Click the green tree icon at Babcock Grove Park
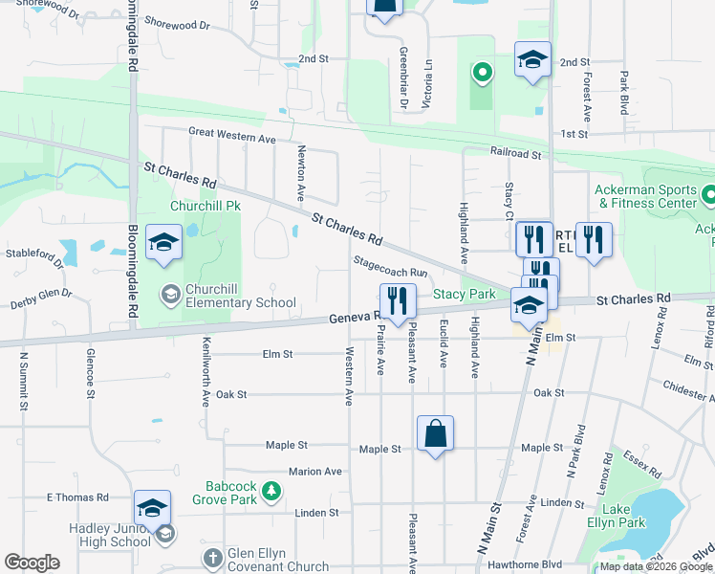pyautogui.click(x=272, y=491)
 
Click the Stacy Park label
pyautogui.click(x=465, y=294)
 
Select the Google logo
pyautogui.click(x=32, y=563)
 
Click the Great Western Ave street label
pyautogui.click(x=231, y=138)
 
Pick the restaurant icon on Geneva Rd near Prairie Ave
pyautogui.click(x=398, y=301)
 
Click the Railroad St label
pyautogui.click(x=516, y=153)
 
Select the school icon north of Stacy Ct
pyautogui.click(x=532, y=60)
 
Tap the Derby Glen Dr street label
pyautogui.click(x=43, y=297)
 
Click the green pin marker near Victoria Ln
pyautogui.click(x=483, y=72)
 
